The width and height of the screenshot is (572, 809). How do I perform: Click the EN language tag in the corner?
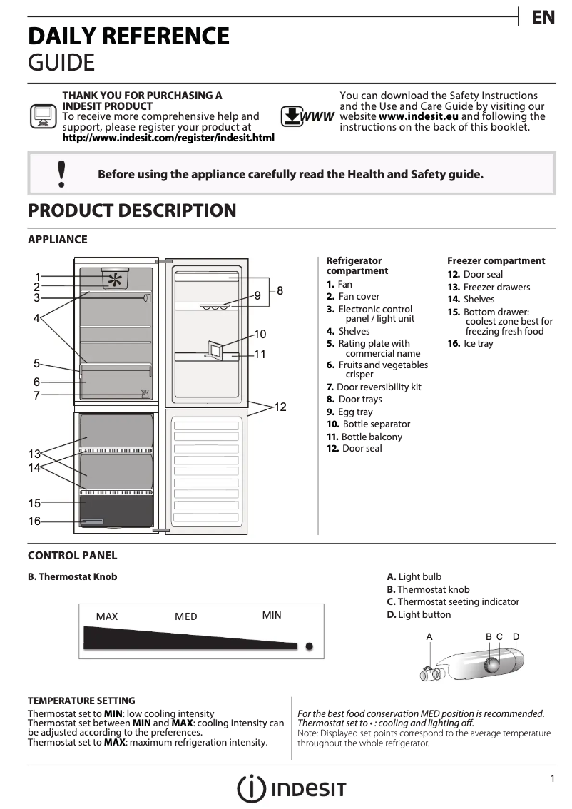tap(543, 18)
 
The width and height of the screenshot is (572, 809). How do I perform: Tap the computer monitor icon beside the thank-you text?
tap(43, 116)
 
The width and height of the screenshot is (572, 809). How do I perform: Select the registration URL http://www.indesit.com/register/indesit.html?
tap(168, 137)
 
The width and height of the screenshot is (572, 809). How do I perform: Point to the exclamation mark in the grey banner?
tap(61, 173)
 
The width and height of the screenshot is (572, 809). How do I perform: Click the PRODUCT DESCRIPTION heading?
tap(132, 211)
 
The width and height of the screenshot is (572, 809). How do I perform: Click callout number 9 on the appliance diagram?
tap(257, 295)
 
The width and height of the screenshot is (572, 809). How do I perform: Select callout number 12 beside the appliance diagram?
tap(280, 407)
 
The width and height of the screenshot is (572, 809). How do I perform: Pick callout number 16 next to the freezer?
tap(34, 521)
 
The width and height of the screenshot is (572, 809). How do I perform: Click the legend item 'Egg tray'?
tap(354, 412)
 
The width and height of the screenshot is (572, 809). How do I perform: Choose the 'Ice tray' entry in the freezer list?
tap(478, 344)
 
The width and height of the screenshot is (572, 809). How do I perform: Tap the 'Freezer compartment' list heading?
tap(496, 261)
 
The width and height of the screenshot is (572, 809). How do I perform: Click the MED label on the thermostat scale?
tap(186, 616)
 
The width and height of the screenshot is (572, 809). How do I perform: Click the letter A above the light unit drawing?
tap(429, 636)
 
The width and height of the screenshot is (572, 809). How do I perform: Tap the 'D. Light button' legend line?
tap(419, 614)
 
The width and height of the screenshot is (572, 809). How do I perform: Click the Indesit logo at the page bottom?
tap(292, 788)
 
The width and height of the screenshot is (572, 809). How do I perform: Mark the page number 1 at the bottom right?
tap(552, 779)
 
